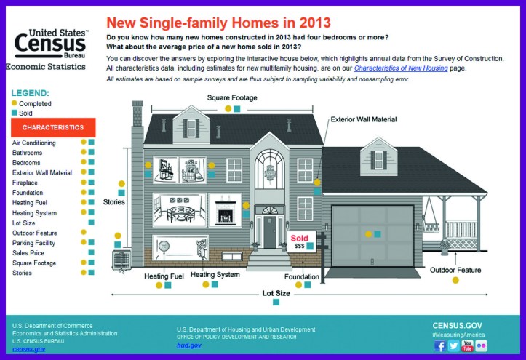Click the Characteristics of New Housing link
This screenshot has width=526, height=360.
coord(396,68)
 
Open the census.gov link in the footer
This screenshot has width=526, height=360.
coord(28,349)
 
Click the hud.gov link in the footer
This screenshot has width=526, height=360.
coord(188,345)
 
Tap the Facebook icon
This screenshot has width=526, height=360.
coord(439,345)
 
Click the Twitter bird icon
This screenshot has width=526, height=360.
coord(453,345)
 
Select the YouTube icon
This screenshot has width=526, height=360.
coord(467,345)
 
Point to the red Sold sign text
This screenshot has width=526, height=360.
coord(299,238)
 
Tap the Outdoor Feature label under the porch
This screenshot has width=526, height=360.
coord(455,270)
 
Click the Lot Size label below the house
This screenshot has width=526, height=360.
coord(276,294)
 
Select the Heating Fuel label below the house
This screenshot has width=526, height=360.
coord(163,275)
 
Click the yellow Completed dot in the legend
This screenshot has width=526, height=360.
coord(15,103)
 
